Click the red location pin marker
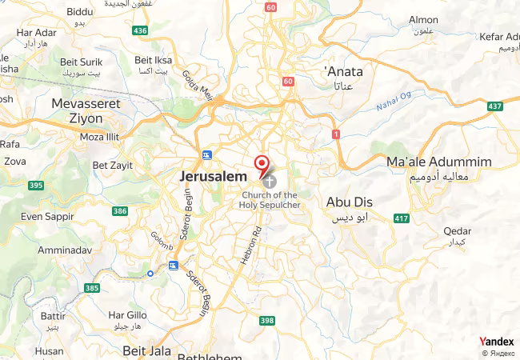click(262, 165)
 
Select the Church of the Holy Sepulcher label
click(269, 200)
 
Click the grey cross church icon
click(268, 182)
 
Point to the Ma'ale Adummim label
click(438, 162)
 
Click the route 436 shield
click(141, 30)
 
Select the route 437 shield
click(495, 106)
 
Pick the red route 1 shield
click(336, 134)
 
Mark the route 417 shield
click(401, 218)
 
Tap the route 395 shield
click(35, 186)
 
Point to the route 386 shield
click(120, 211)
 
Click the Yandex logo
click(496, 342)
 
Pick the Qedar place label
click(457, 231)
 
